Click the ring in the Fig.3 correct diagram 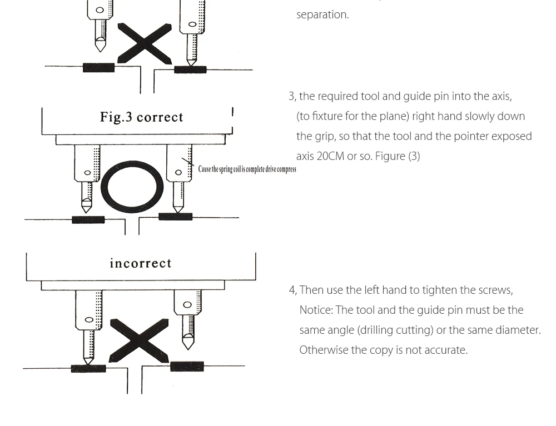132,187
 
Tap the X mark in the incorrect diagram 139,340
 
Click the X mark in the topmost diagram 145,43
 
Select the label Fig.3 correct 141,117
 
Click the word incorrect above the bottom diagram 140,263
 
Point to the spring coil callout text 247,169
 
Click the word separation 322,15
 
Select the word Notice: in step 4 316,310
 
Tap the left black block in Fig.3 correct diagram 88,220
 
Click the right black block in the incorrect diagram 187,367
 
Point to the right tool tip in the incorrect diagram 188,344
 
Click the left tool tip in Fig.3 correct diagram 86,208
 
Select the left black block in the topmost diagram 98,68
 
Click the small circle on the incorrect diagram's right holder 187,304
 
